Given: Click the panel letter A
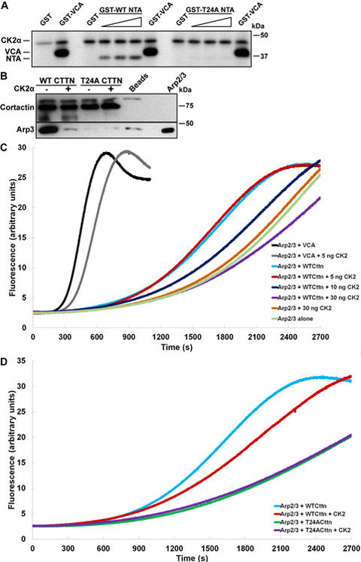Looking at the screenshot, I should point(5,7).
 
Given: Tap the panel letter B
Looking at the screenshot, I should point(5,75).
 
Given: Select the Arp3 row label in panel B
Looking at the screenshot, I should point(26,129).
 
